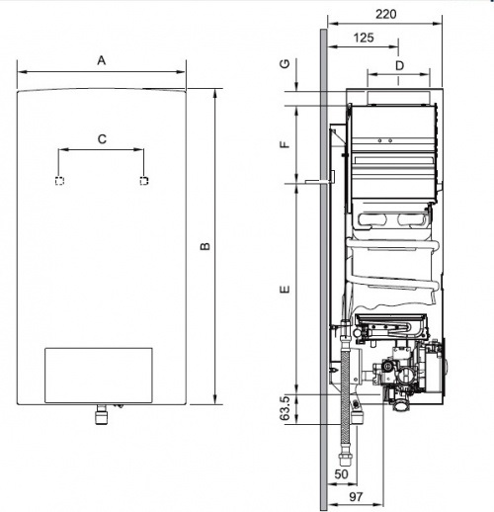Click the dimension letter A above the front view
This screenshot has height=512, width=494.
coord(101,60)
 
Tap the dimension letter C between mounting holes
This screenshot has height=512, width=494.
coord(101,140)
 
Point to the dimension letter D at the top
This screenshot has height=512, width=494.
coord(399,64)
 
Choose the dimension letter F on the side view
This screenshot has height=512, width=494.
coord(284,144)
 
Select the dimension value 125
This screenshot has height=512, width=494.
coord(363,38)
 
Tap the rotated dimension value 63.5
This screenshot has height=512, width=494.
coord(285,407)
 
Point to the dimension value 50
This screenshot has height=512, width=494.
coord(343,475)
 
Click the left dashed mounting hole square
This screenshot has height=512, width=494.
coord(59,181)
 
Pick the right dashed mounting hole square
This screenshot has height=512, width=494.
coord(144,181)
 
